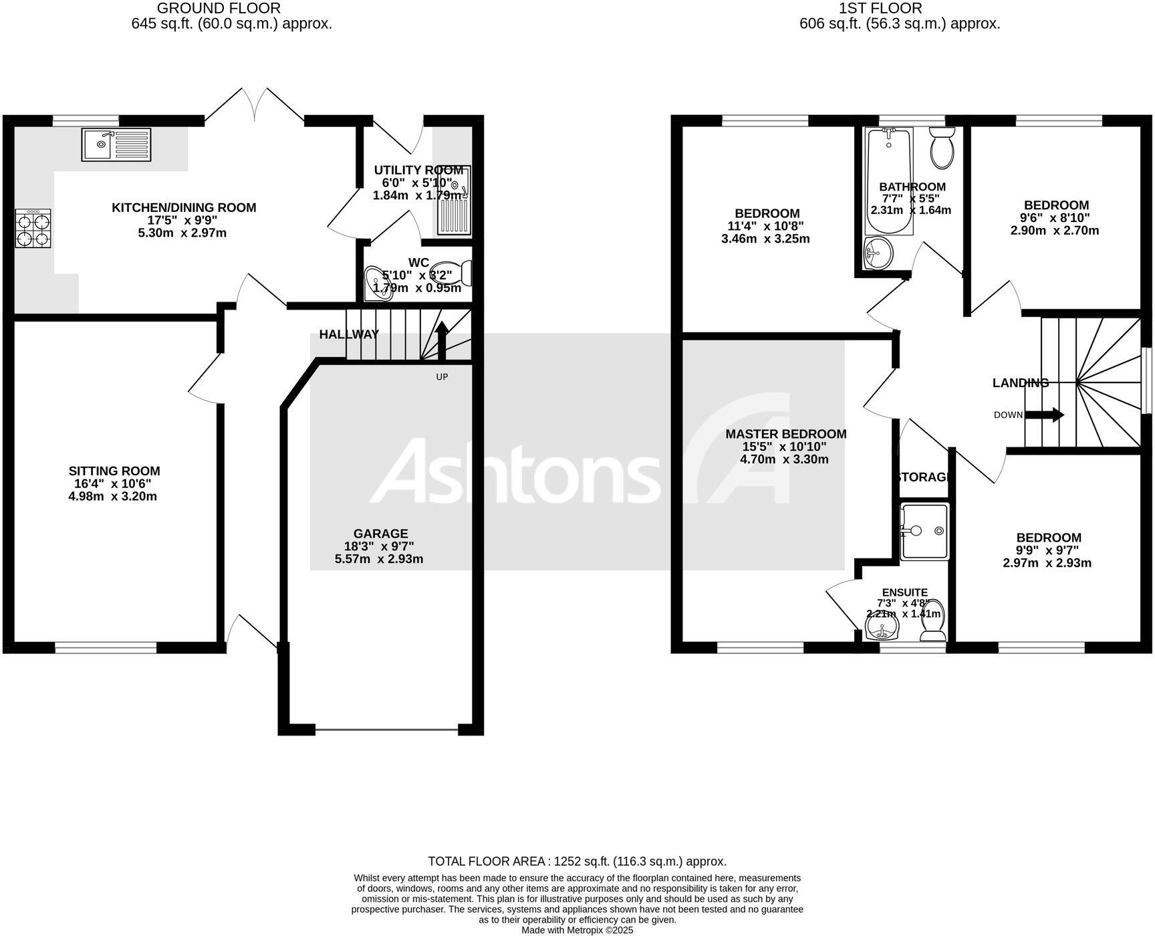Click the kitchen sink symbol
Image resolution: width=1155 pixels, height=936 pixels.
(x=116, y=144)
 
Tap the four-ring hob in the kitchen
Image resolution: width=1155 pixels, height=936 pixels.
(x=33, y=229)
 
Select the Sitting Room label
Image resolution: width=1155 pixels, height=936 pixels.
(x=114, y=471)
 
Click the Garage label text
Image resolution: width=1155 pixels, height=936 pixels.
(x=380, y=534)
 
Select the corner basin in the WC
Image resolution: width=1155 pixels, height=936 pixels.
(x=376, y=283)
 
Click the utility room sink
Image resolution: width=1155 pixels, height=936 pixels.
(x=455, y=200)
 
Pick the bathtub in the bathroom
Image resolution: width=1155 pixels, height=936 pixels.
(x=888, y=181)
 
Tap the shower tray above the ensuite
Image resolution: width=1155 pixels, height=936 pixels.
(x=924, y=532)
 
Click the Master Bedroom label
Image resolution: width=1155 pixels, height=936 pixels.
(x=786, y=434)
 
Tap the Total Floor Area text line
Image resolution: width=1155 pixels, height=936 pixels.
(x=577, y=862)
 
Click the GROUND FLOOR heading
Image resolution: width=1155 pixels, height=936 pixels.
(x=219, y=9)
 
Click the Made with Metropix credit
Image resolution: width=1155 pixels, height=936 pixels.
(x=577, y=930)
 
